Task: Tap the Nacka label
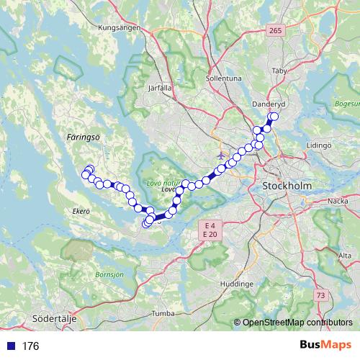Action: (x=338, y=202)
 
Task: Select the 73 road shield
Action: (x=320, y=295)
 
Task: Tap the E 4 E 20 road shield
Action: (x=210, y=230)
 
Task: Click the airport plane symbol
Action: (x=221, y=155)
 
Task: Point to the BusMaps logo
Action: (x=325, y=346)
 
